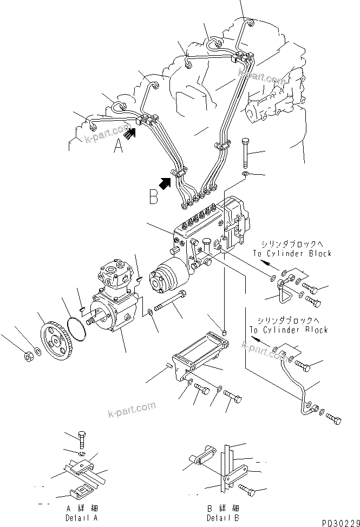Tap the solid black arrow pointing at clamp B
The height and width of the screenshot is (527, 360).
[165, 182]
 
